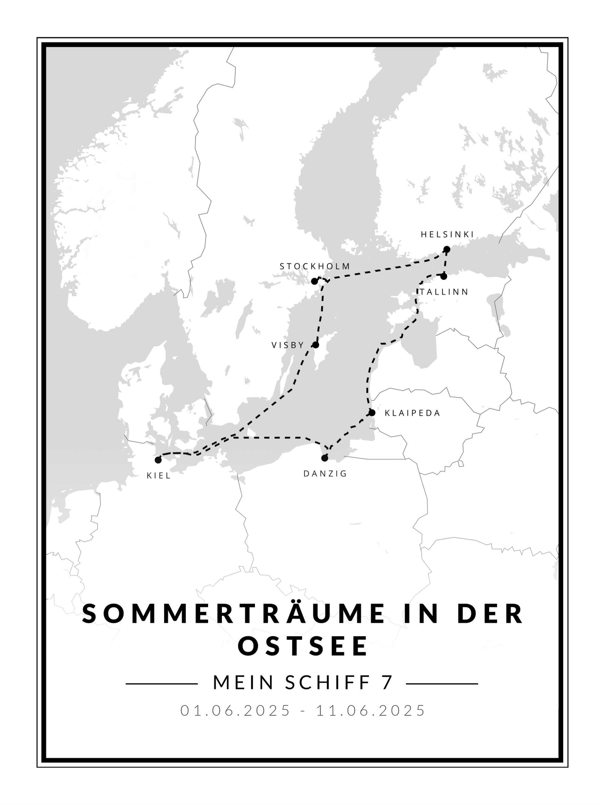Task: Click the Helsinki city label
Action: (x=447, y=235)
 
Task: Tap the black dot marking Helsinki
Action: (x=447, y=250)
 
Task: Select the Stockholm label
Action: (x=315, y=266)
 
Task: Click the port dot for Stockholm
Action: (x=314, y=281)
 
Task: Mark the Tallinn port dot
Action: (x=444, y=276)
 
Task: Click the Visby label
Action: (x=288, y=345)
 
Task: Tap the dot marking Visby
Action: (x=316, y=345)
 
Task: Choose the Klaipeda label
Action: (x=412, y=413)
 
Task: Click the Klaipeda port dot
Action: (x=372, y=413)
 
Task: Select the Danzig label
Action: (x=325, y=474)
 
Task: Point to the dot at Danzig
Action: (x=324, y=458)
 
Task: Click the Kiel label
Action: (x=159, y=475)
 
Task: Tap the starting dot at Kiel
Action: (x=158, y=460)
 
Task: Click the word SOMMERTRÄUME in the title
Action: (x=233, y=614)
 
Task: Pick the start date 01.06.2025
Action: (x=235, y=710)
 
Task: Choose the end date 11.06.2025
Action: (x=371, y=710)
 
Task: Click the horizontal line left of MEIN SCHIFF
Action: (x=162, y=684)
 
